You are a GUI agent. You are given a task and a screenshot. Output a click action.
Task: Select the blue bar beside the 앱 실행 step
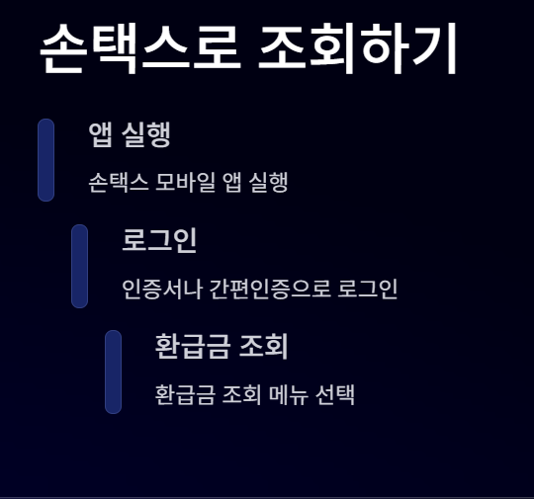click(45, 160)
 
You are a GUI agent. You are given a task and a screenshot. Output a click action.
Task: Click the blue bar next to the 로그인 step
click(80, 266)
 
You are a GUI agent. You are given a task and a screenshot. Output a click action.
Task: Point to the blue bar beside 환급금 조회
click(113, 372)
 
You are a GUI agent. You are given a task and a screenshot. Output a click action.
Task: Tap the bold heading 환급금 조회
click(221, 346)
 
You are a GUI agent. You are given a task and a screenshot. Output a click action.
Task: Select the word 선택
click(337, 395)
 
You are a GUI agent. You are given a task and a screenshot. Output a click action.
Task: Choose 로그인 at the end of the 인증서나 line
click(368, 290)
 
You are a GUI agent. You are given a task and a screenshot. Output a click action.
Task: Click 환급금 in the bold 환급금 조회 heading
click(187, 346)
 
